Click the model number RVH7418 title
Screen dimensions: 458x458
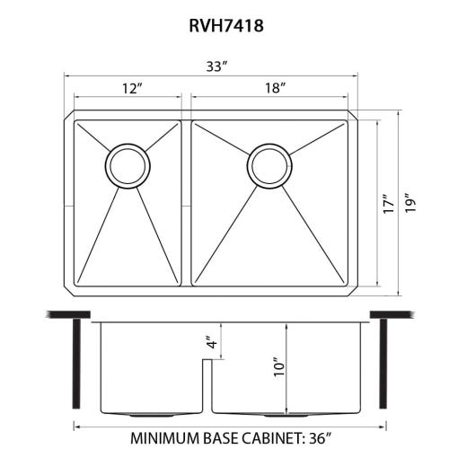(226, 25)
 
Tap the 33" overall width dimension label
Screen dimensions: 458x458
(217, 66)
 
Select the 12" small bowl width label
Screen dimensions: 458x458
(132, 88)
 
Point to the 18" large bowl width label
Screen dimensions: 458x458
(275, 88)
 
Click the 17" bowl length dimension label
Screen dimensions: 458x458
(389, 204)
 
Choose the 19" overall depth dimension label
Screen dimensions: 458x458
(410, 204)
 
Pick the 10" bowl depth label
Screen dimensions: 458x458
(278, 367)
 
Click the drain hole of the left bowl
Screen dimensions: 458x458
(128, 166)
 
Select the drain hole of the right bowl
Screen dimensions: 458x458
(269, 166)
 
